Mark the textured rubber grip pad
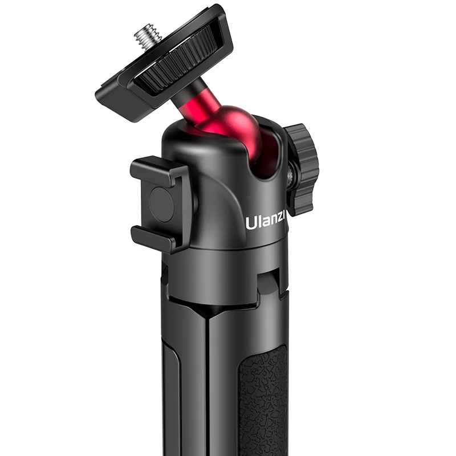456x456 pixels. [262, 399]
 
